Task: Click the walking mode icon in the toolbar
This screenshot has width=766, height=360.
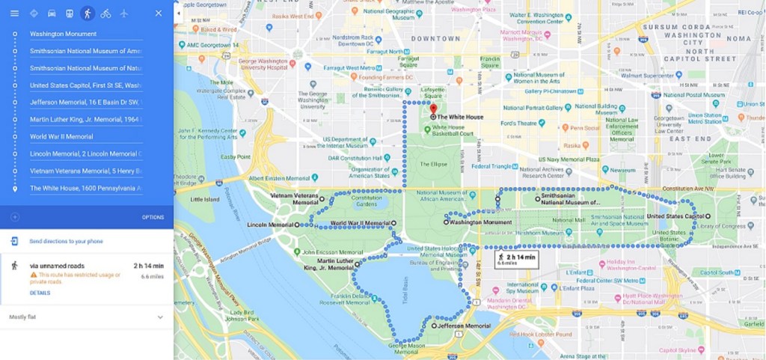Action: tap(88, 13)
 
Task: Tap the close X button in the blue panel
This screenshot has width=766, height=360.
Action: tap(158, 13)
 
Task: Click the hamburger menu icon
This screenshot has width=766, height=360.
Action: tap(14, 13)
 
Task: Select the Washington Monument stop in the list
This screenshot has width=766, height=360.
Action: tap(64, 34)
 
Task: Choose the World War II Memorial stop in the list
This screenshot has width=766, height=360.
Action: tap(61, 137)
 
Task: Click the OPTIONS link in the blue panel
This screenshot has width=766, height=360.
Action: tap(153, 217)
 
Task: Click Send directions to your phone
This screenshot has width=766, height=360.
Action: tap(66, 242)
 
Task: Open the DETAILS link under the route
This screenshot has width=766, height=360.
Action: tap(40, 293)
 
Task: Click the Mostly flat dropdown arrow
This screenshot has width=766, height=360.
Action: tap(160, 317)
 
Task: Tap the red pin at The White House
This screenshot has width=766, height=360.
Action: tap(432, 109)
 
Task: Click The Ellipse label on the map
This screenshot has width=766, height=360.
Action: tap(432, 164)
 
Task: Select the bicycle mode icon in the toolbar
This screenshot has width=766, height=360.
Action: tap(105, 13)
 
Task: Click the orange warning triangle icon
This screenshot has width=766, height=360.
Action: tap(34, 275)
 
